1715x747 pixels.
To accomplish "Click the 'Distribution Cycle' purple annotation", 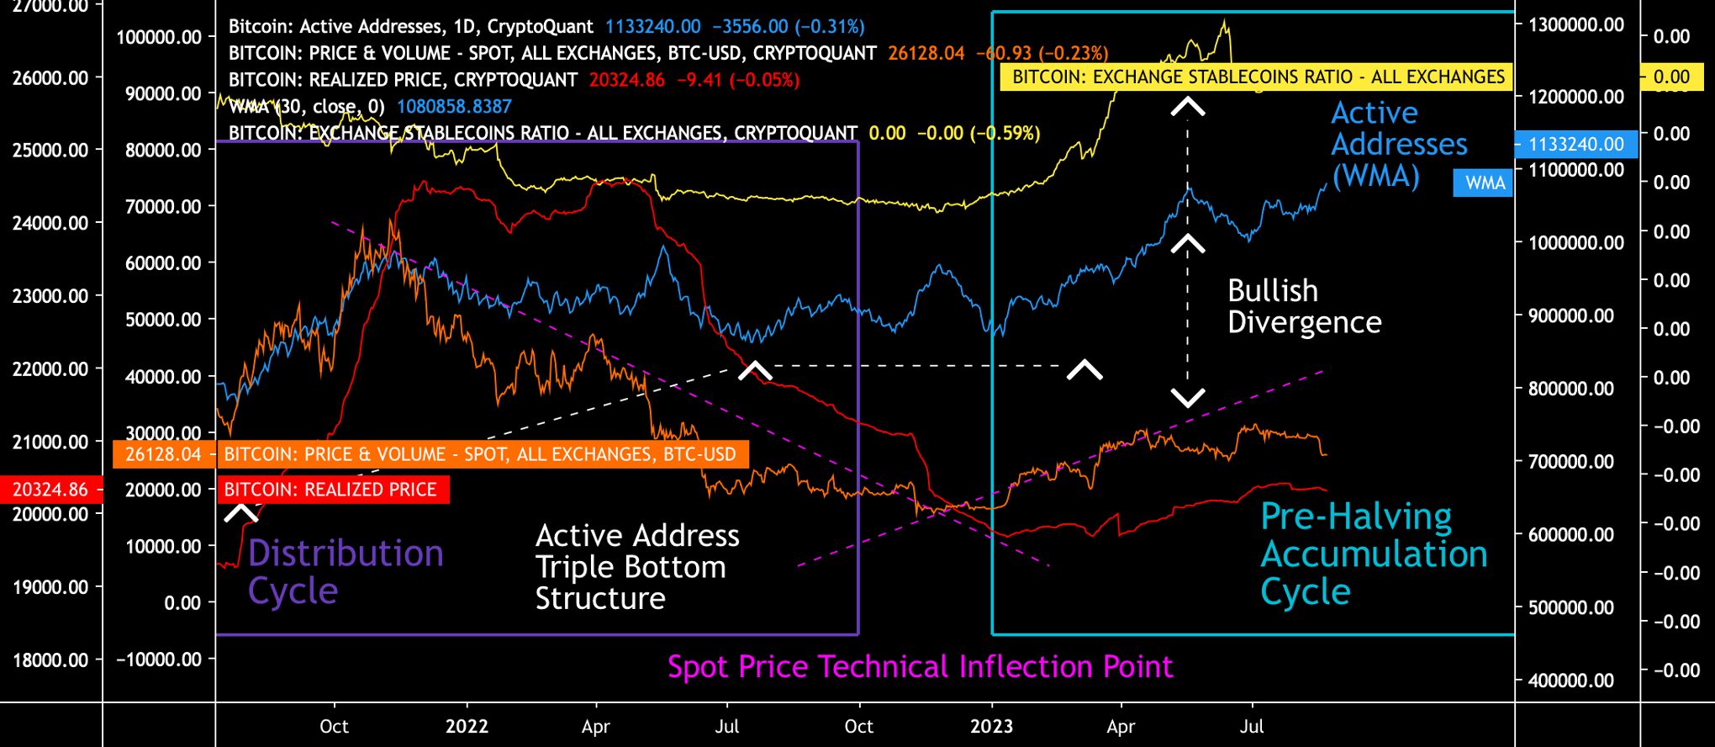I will (346, 572).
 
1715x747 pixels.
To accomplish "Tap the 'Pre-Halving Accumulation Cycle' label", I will (1374, 554).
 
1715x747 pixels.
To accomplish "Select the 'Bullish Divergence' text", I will (1304, 306).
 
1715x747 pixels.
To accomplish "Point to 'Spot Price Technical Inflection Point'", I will (920, 667).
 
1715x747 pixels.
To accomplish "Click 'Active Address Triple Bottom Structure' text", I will (637, 567).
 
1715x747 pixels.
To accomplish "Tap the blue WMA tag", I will (1485, 183).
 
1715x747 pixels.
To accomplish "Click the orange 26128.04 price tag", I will (163, 455).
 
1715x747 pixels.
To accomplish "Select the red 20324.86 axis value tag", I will (50, 490).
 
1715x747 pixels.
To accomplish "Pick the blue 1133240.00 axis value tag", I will (1575, 144).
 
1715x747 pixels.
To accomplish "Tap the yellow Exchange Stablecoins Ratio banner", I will (1258, 77).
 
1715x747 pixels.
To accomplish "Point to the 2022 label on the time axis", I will (467, 726).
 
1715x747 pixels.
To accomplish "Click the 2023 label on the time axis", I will (991, 726).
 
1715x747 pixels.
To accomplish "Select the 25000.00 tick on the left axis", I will (50, 150).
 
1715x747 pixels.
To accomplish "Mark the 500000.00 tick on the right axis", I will (1570, 607).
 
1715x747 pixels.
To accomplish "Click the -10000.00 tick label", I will (159, 660).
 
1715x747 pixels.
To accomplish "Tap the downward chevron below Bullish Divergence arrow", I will (1187, 398).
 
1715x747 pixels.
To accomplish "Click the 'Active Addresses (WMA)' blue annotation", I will (1398, 145).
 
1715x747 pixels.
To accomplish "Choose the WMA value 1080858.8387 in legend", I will (454, 107).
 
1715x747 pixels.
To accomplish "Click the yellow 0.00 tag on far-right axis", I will (1670, 77).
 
